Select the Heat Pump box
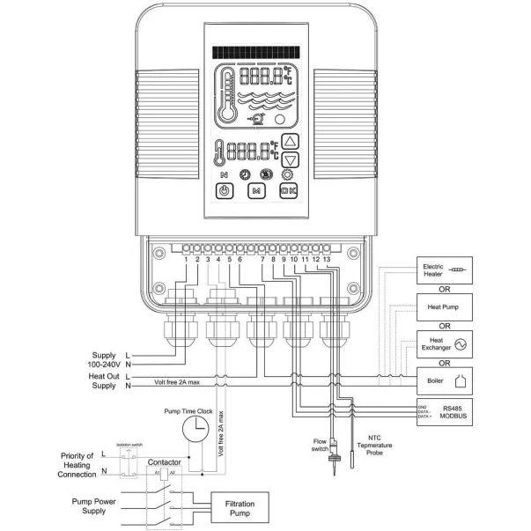[445, 307]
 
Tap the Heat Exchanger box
[445, 343]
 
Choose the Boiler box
[445, 380]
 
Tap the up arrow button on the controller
[293, 141]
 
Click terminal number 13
[327, 258]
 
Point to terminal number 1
[187, 258]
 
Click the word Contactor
[165, 461]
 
